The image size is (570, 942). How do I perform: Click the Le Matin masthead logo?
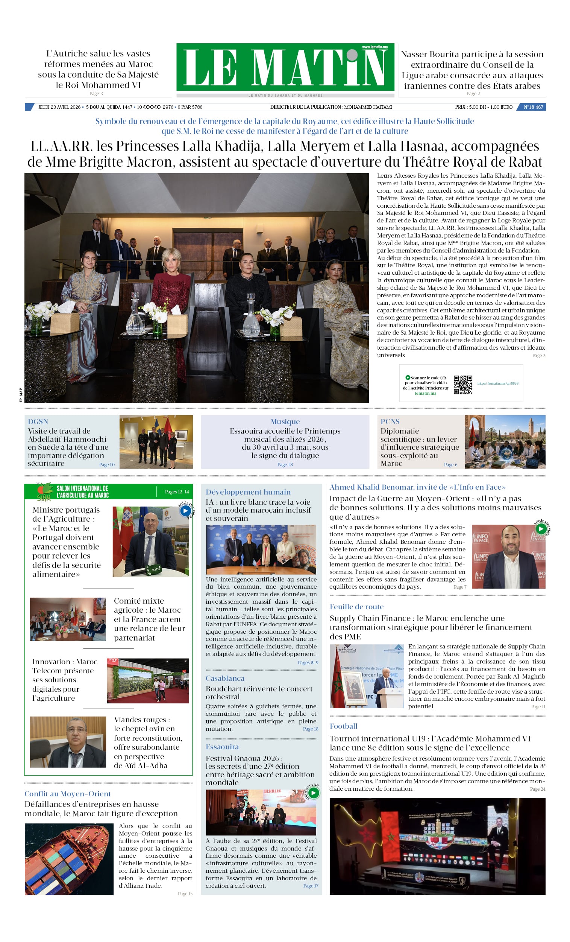(x=285, y=67)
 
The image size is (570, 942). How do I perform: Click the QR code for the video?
(x=462, y=385)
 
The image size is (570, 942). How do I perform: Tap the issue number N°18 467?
(x=533, y=107)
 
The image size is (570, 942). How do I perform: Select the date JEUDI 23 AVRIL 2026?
(x=59, y=107)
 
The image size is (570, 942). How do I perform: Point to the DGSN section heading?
(x=38, y=421)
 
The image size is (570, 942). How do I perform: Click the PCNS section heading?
(x=390, y=421)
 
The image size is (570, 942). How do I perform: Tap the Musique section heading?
(x=285, y=421)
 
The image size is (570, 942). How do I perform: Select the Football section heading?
(x=343, y=726)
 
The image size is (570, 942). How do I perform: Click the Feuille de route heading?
(x=356, y=607)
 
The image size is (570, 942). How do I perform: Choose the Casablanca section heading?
(x=224, y=678)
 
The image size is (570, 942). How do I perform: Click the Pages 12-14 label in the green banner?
(x=177, y=492)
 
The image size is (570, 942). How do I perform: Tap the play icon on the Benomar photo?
(x=541, y=529)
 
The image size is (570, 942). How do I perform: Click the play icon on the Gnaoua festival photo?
(x=313, y=793)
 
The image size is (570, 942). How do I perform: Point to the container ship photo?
(x=69, y=859)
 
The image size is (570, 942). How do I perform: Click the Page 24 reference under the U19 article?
(x=538, y=789)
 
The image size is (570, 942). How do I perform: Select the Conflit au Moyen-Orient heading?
(x=68, y=794)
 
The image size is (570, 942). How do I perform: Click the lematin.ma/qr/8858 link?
(x=498, y=383)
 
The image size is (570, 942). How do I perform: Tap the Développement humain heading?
(x=248, y=492)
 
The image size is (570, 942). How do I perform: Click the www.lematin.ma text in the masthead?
(x=374, y=47)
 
